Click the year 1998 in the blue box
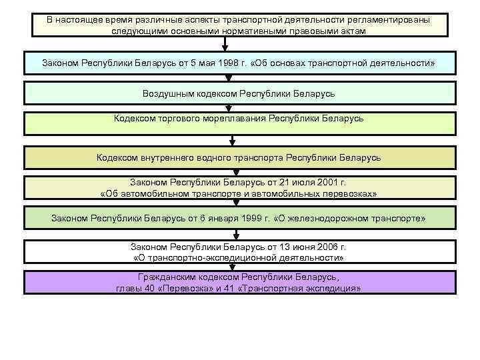click(235, 63)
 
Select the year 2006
click(316, 246)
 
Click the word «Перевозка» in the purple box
click(185, 288)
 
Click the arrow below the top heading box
click(226, 44)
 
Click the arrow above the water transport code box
click(233, 139)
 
